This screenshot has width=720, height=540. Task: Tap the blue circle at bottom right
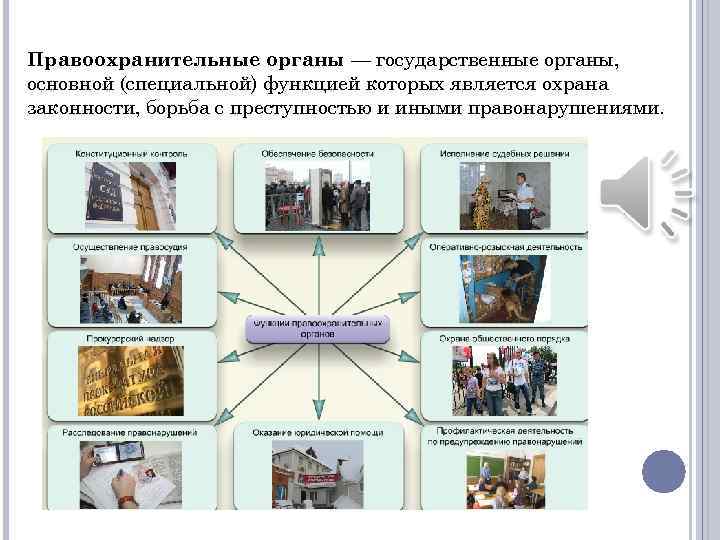tap(663, 470)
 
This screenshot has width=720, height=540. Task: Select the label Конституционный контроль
tap(131, 154)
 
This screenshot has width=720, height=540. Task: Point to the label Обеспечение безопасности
tap(318, 154)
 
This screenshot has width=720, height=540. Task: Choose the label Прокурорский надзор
tap(118, 339)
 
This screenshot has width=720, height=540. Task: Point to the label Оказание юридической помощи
tap(318, 432)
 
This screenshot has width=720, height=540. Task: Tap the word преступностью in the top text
tap(395, 108)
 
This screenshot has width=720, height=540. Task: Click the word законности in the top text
tap(73, 108)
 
